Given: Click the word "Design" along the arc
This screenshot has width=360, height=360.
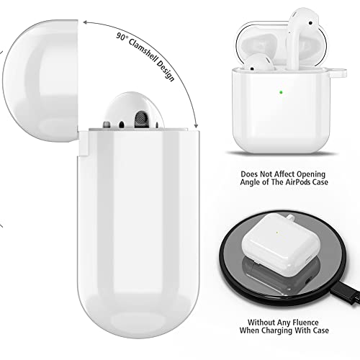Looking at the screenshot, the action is pos(166,71).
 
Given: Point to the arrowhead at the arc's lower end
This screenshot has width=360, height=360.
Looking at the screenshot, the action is pos(196,126).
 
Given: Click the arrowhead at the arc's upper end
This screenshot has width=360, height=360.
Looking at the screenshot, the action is pos(86,22).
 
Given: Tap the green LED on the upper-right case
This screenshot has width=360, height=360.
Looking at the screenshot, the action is pos(281,92).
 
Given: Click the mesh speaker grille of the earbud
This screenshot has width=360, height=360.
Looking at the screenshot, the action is pos(141,119).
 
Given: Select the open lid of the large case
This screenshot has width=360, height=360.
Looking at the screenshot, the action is pos(40,81).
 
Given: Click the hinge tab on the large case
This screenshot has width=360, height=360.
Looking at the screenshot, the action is pos(83,143).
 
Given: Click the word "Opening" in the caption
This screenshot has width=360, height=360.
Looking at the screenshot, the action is pos(311,174).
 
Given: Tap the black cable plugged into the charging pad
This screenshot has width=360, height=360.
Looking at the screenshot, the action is pos(346,294).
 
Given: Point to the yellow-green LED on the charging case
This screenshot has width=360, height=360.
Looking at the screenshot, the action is pos(277,233).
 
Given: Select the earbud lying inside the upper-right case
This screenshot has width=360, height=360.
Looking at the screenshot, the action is pos(260,63).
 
